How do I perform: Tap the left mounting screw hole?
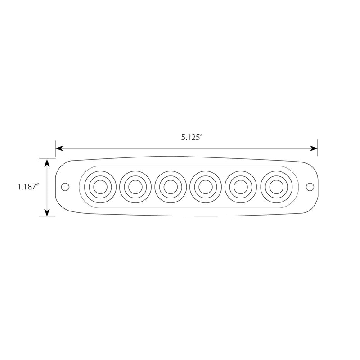[x=65, y=186]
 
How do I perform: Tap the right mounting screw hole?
[x=309, y=186]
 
